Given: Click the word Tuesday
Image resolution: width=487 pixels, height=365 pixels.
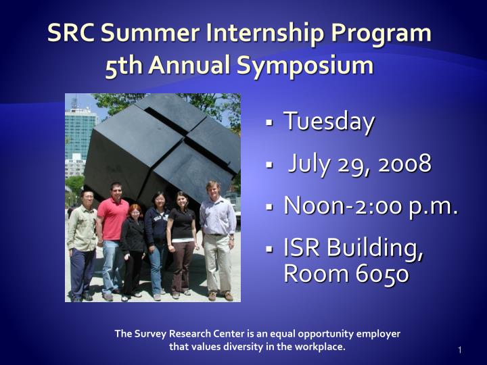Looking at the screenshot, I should click(329, 122).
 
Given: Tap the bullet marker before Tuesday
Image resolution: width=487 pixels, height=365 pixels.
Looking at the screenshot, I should click(269, 124).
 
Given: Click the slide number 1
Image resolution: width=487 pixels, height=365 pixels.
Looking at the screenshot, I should click(459, 349).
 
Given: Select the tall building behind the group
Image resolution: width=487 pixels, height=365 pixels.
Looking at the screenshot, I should click(79, 139).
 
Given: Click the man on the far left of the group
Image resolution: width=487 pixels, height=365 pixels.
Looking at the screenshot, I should click(83, 243).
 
